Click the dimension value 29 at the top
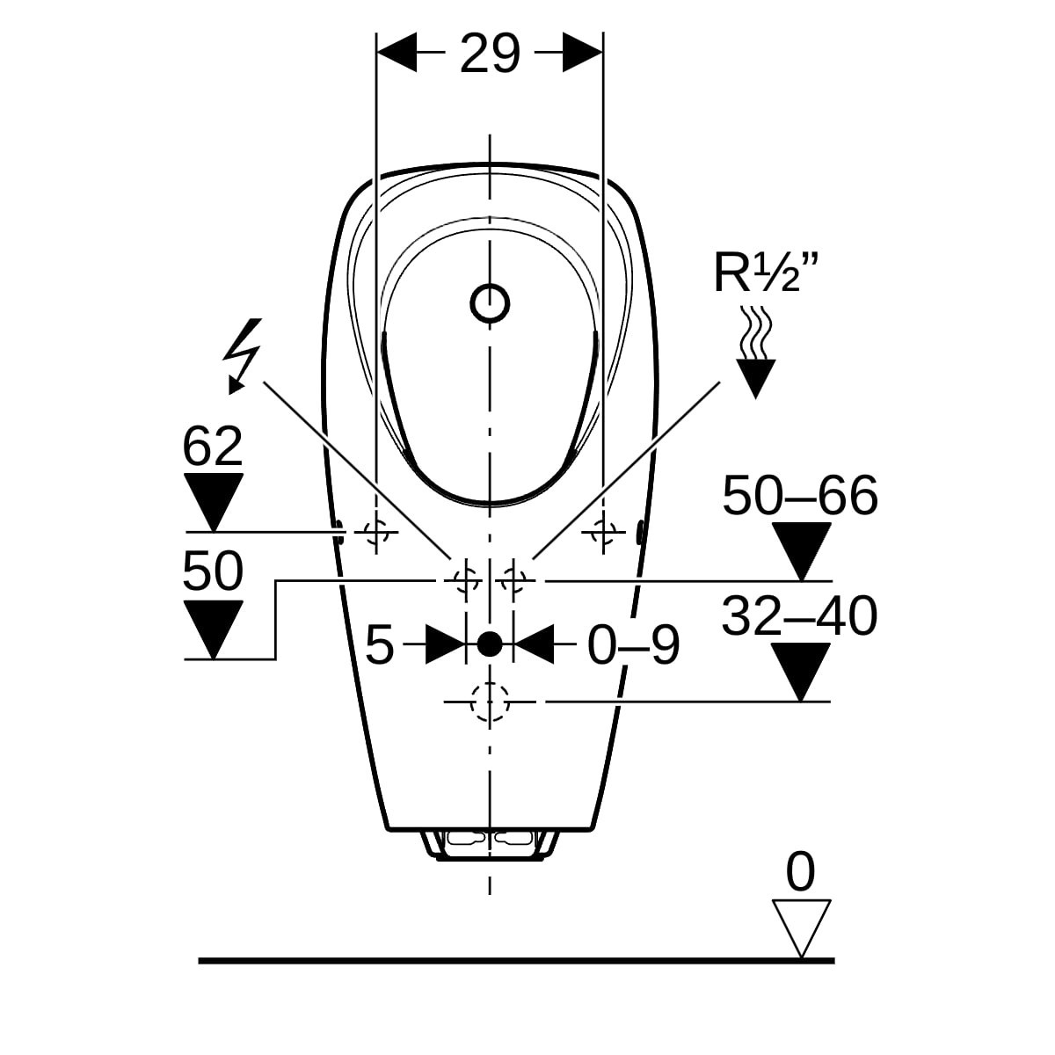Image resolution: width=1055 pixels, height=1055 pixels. click(x=490, y=53)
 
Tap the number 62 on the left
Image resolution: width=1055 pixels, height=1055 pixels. click(x=213, y=447)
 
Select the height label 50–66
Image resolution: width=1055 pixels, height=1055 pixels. click(x=800, y=496)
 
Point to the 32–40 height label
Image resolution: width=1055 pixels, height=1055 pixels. click(x=800, y=616)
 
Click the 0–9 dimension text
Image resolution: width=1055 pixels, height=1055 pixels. click(x=633, y=645)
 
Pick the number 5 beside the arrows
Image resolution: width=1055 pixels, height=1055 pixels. click(x=380, y=645)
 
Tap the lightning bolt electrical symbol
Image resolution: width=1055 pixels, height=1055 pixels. click(x=243, y=356)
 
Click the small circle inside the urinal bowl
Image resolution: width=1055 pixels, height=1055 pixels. click(x=490, y=302)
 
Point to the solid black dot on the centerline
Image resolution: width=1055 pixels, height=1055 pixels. click(x=490, y=644)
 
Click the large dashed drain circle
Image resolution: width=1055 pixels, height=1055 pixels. click(x=490, y=702)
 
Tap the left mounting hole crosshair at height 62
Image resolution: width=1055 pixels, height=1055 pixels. click(x=376, y=531)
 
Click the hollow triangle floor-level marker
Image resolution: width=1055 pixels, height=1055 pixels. click(x=801, y=928)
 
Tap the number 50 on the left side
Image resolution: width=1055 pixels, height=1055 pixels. click(x=213, y=571)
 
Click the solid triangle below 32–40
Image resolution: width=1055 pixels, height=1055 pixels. click(x=801, y=672)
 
